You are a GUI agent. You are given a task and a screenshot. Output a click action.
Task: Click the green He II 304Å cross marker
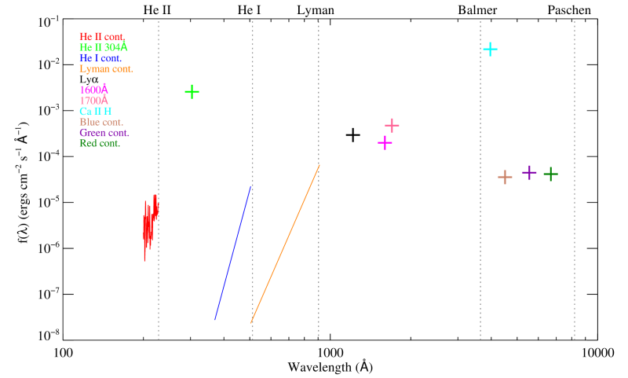pyautogui.click(x=192, y=92)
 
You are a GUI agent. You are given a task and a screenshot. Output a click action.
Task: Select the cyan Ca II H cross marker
pyautogui.click(x=491, y=49)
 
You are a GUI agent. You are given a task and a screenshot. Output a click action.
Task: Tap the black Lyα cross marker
pyautogui.click(x=353, y=135)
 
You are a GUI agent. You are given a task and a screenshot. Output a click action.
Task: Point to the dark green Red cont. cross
pyautogui.click(x=551, y=174)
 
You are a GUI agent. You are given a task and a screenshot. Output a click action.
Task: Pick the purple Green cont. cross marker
pyautogui.click(x=529, y=172)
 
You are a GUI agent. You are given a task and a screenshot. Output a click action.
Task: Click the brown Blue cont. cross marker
pyautogui.click(x=505, y=177)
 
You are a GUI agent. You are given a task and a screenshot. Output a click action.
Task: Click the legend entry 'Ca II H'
pyautogui.click(x=98, y=112)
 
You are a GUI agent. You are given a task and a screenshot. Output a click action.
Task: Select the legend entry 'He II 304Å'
pyautogui.click(x=104, y=47)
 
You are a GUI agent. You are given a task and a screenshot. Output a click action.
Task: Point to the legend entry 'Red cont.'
pyautogui.click(x=103, y=143)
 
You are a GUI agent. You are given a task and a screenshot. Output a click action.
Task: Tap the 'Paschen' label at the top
pyautogui.click(x=570, y=10)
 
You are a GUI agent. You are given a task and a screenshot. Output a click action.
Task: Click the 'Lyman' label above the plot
pyautogui.click(x=316, y=10)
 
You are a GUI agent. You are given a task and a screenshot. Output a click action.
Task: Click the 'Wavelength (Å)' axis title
pyautogui.click(x=330, y=367)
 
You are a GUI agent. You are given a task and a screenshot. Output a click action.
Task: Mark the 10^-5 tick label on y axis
pyautogui.click(x=46, y=202)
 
